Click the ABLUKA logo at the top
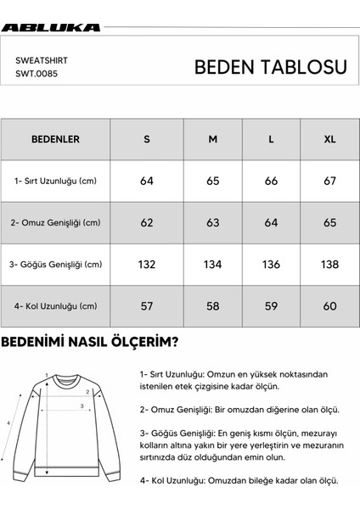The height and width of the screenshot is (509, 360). (51, 27)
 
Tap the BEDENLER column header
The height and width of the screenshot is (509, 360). (55, 138)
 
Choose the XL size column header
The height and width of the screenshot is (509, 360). (329, 138)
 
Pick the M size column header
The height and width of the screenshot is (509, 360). (212, 138)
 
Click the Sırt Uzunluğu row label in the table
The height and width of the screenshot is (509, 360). (55, 181)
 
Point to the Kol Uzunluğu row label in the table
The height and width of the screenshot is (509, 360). (55, 306)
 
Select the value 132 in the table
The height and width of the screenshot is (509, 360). (147, 265)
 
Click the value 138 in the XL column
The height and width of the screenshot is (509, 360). (329, 265)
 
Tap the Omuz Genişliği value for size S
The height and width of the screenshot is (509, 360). (147, 223)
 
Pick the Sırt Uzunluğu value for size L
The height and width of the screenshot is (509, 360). (271, 181)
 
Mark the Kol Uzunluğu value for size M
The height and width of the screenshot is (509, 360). (212, 306)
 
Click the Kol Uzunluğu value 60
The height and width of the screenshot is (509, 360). (329, 306)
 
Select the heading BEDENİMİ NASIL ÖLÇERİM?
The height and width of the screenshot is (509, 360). (89, 343)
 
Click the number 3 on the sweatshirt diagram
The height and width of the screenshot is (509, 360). (82, 406)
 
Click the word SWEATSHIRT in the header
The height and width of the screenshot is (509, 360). (42, 61)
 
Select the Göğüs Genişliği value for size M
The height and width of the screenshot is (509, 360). (212, 265)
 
